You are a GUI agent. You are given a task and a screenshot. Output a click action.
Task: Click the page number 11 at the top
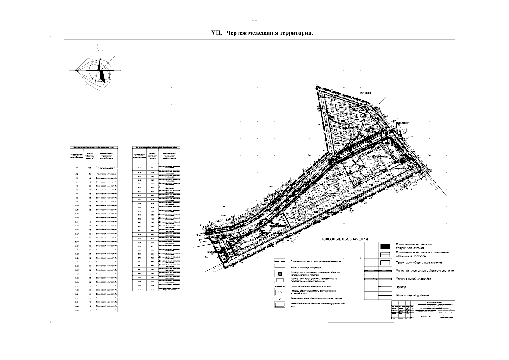[254, 19]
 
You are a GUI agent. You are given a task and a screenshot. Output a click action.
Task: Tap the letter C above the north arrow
[100, 47]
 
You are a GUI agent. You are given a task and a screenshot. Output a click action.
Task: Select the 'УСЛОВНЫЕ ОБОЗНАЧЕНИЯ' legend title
[345, 239]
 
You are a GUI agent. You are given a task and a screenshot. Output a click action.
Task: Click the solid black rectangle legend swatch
[385, 246]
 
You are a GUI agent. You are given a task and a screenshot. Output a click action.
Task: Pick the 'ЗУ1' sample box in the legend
[280, 292]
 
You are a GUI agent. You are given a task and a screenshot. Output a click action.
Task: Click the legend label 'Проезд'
[401, 287]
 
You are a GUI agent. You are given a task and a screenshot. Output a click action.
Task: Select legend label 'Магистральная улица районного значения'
[425, 271]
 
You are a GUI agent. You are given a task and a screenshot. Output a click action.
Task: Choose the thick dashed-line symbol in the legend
[280, 262]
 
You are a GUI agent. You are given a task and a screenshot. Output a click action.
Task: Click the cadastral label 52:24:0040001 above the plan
[366, 93]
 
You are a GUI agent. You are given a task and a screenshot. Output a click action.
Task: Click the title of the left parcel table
[93, 147]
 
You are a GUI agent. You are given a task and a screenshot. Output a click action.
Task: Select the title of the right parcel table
[156, 147]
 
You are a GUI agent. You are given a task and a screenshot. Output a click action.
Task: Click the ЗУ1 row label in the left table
[77, 168]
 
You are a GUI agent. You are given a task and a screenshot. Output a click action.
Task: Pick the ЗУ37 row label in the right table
[139, 166]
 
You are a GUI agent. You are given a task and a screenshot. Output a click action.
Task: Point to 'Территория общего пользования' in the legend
[418, 262]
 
